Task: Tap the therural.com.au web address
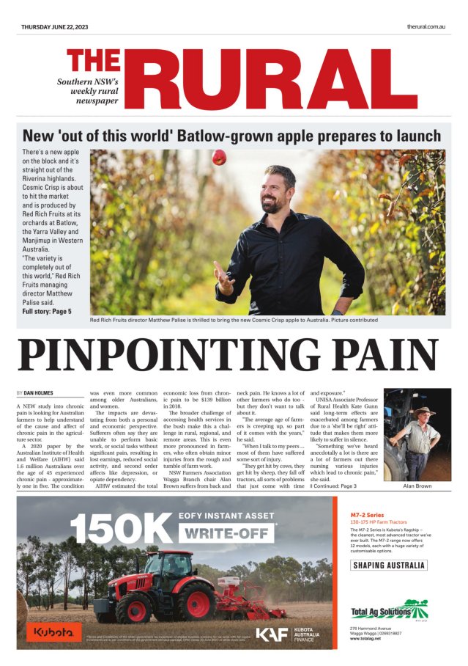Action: point(427,26)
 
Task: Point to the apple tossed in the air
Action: point(219,157)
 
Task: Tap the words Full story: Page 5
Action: point(47,312)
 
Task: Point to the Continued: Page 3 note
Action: point(334,486)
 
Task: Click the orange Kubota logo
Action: point(53,631)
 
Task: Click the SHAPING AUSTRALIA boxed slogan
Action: point(389,566)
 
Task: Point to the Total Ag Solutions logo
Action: point(389,609)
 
